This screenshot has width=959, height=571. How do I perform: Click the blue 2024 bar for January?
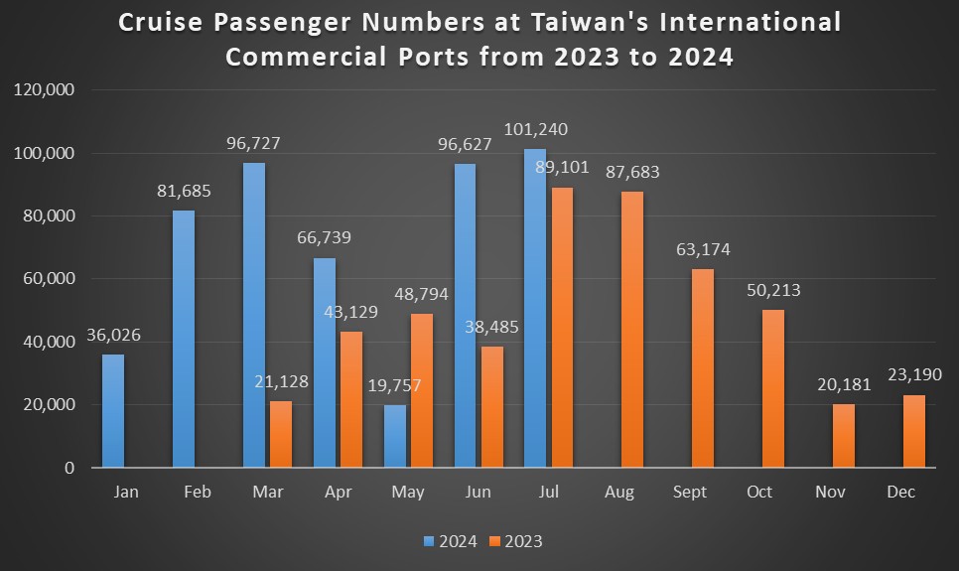click(113, 410)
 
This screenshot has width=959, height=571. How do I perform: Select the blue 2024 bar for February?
click(184, 339)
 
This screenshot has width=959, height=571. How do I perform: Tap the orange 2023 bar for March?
click(280, 434)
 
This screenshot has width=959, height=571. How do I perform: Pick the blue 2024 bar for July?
click(535, 308)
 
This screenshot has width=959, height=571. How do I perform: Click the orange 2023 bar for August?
click(631, 329)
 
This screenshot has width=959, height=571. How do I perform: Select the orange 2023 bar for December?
click(913, 431)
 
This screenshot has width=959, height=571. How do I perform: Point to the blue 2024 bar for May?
click(395, 436)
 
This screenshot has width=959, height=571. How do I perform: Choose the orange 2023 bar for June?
click(491, 406)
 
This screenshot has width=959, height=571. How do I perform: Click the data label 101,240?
click(536, 129)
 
